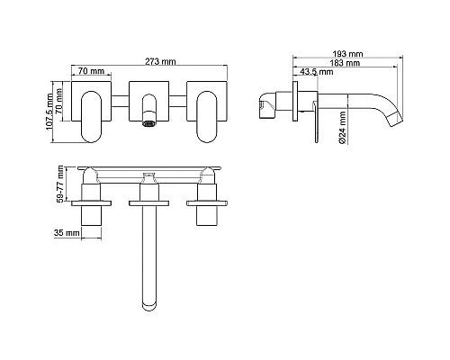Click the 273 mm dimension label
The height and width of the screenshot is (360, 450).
click(160, 61)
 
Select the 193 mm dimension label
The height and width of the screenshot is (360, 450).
click(347, 54)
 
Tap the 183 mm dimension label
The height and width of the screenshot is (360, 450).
click(345, 63)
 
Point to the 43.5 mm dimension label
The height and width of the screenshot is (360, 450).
click(317, 72)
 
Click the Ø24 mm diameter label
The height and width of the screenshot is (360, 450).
click(343, 128)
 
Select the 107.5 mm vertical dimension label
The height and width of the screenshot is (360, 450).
click(49, 112)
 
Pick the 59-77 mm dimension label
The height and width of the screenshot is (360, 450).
click(60, 184)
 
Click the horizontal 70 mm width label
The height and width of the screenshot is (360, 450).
click(91, 71)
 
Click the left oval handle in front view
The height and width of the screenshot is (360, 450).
click(92, 116)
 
